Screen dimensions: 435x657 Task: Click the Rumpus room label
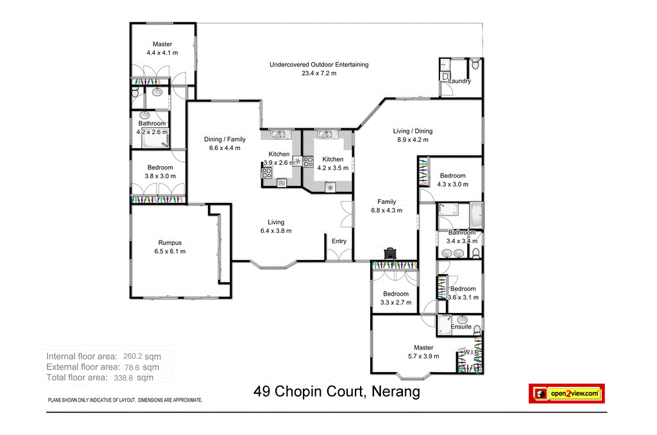(x=170, y=243)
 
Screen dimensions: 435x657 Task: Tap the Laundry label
(x=459, y=81)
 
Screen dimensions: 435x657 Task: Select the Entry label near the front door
(x=339, y=241)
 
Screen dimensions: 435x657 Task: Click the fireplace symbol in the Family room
(x=389, y=253)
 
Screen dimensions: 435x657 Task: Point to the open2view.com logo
(x=567, y=393)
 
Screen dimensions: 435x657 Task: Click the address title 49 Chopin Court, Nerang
(x=337, y=391)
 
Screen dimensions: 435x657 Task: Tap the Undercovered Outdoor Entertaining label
(x=319, y=65)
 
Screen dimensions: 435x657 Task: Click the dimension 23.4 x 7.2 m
(x=319, y=73)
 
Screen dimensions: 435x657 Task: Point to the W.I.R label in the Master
(x=469, y=352)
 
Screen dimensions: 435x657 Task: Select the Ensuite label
(x=461, y=327)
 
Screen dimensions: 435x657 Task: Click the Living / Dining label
(x=413, y=131)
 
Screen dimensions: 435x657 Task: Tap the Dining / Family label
(x=225, y=139)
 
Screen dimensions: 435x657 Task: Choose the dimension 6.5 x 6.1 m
(x=170, y=252)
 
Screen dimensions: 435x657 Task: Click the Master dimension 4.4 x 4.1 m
(x=162, y=53)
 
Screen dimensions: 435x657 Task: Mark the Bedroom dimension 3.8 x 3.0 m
(x=160, y=176)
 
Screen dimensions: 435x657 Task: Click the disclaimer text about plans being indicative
(x=125, y=400)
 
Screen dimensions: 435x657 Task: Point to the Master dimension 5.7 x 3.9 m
(x=423, y=356)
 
